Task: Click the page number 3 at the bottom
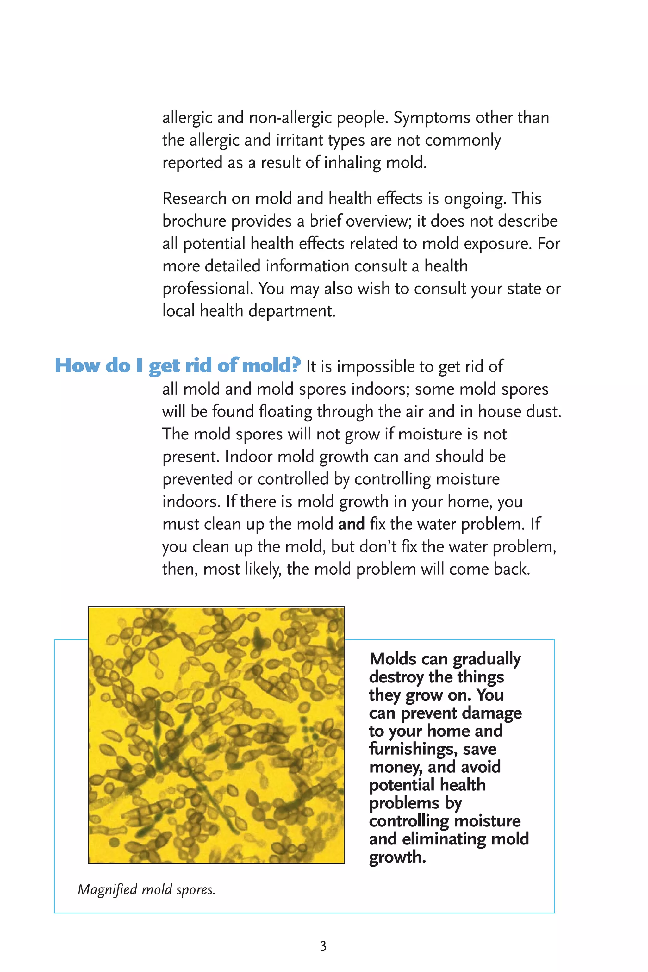[x=323, y=946]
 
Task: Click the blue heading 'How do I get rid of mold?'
[x=178, y=366]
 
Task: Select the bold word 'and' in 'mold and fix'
[x=351, y=524]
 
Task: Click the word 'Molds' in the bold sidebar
[x=393, y=659]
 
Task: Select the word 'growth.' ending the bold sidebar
[x=397, y=857]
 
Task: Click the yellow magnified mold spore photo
[x=216, y=735]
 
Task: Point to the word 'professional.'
[x=208, y=289]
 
